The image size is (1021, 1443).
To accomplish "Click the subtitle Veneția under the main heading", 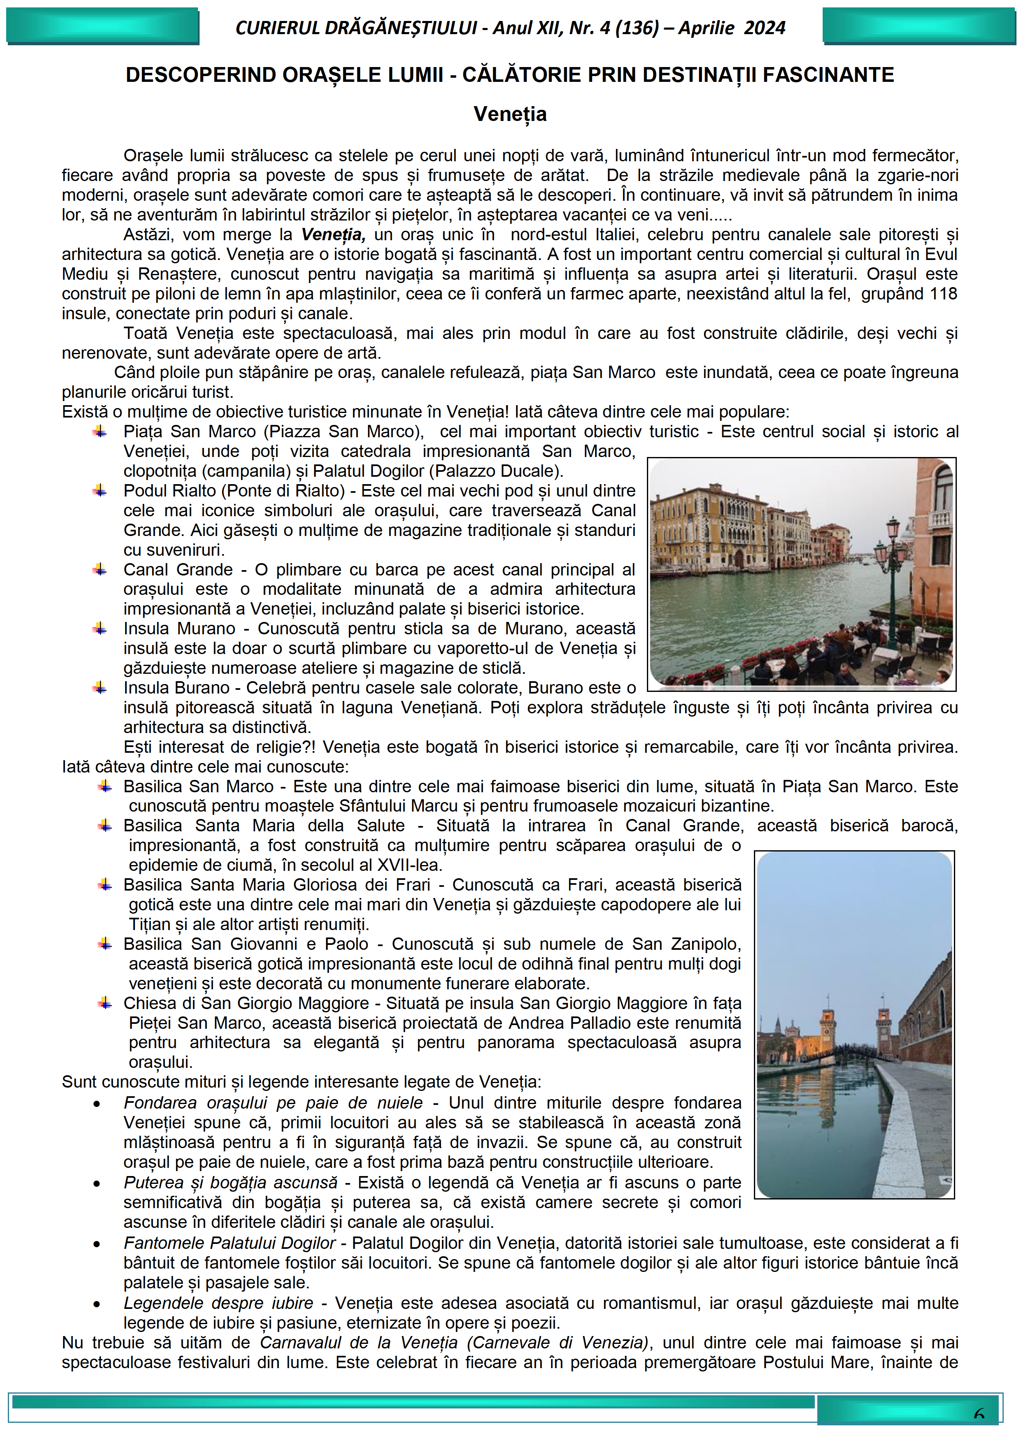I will (x=510, y=114).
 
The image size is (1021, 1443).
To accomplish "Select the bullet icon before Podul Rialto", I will (x=99, y=490).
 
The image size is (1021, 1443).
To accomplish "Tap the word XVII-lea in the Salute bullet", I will (x=409, y=865).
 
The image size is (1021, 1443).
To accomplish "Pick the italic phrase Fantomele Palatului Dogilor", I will (x=230, y=1243).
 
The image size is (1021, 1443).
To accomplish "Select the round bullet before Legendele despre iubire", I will (x=97, y=1304).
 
